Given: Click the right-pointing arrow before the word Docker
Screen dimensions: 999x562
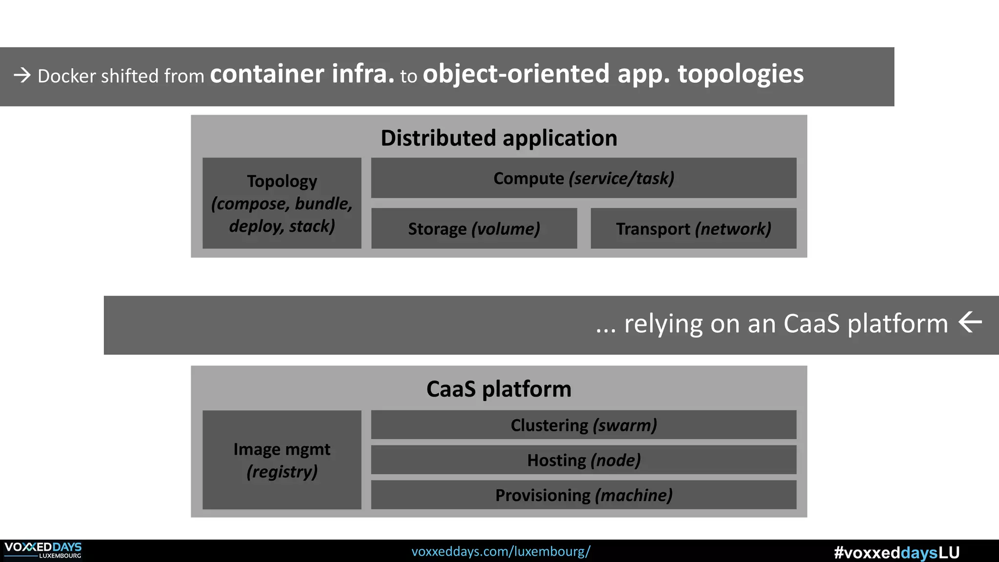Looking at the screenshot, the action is point(22,75).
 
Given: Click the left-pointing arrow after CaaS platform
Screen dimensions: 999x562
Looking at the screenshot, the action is point(970,322).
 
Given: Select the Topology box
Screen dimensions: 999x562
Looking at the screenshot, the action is point(282,203).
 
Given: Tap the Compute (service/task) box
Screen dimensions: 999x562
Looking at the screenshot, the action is point(583,178).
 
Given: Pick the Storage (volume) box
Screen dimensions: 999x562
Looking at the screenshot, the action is point(474,229).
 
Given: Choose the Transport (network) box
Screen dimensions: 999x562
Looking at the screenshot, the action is point(693,229).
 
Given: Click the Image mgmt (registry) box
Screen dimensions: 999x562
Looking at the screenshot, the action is point(282,460).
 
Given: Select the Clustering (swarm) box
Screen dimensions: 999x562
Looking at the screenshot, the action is point(583,425).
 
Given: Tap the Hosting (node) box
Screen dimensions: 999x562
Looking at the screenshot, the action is point(583,460).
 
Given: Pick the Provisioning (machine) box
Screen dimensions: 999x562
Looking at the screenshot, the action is point(583,495).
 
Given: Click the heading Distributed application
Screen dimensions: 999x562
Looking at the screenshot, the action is point(499,138).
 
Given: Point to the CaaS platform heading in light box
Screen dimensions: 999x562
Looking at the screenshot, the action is point(499,389).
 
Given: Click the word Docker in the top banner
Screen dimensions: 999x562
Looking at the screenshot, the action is point(67,76).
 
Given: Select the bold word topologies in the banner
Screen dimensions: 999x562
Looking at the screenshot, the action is point(740,74).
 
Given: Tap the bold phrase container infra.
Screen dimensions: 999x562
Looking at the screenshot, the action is point(301,74).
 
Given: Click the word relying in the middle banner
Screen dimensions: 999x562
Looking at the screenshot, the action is point(663,323).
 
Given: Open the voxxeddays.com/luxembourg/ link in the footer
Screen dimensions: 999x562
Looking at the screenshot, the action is point(500,551).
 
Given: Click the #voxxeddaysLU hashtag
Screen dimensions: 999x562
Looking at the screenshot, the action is point(897,552).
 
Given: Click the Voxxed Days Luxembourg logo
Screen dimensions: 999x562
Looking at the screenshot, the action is point(43,550).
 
